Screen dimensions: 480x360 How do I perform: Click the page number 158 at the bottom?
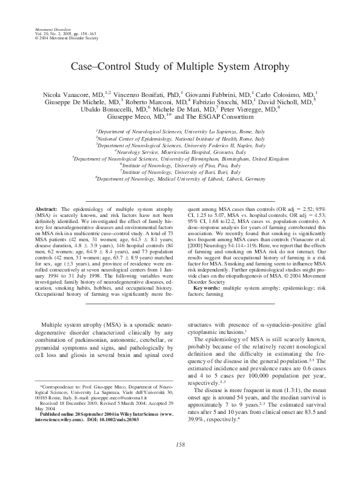(x=179, y=445)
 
